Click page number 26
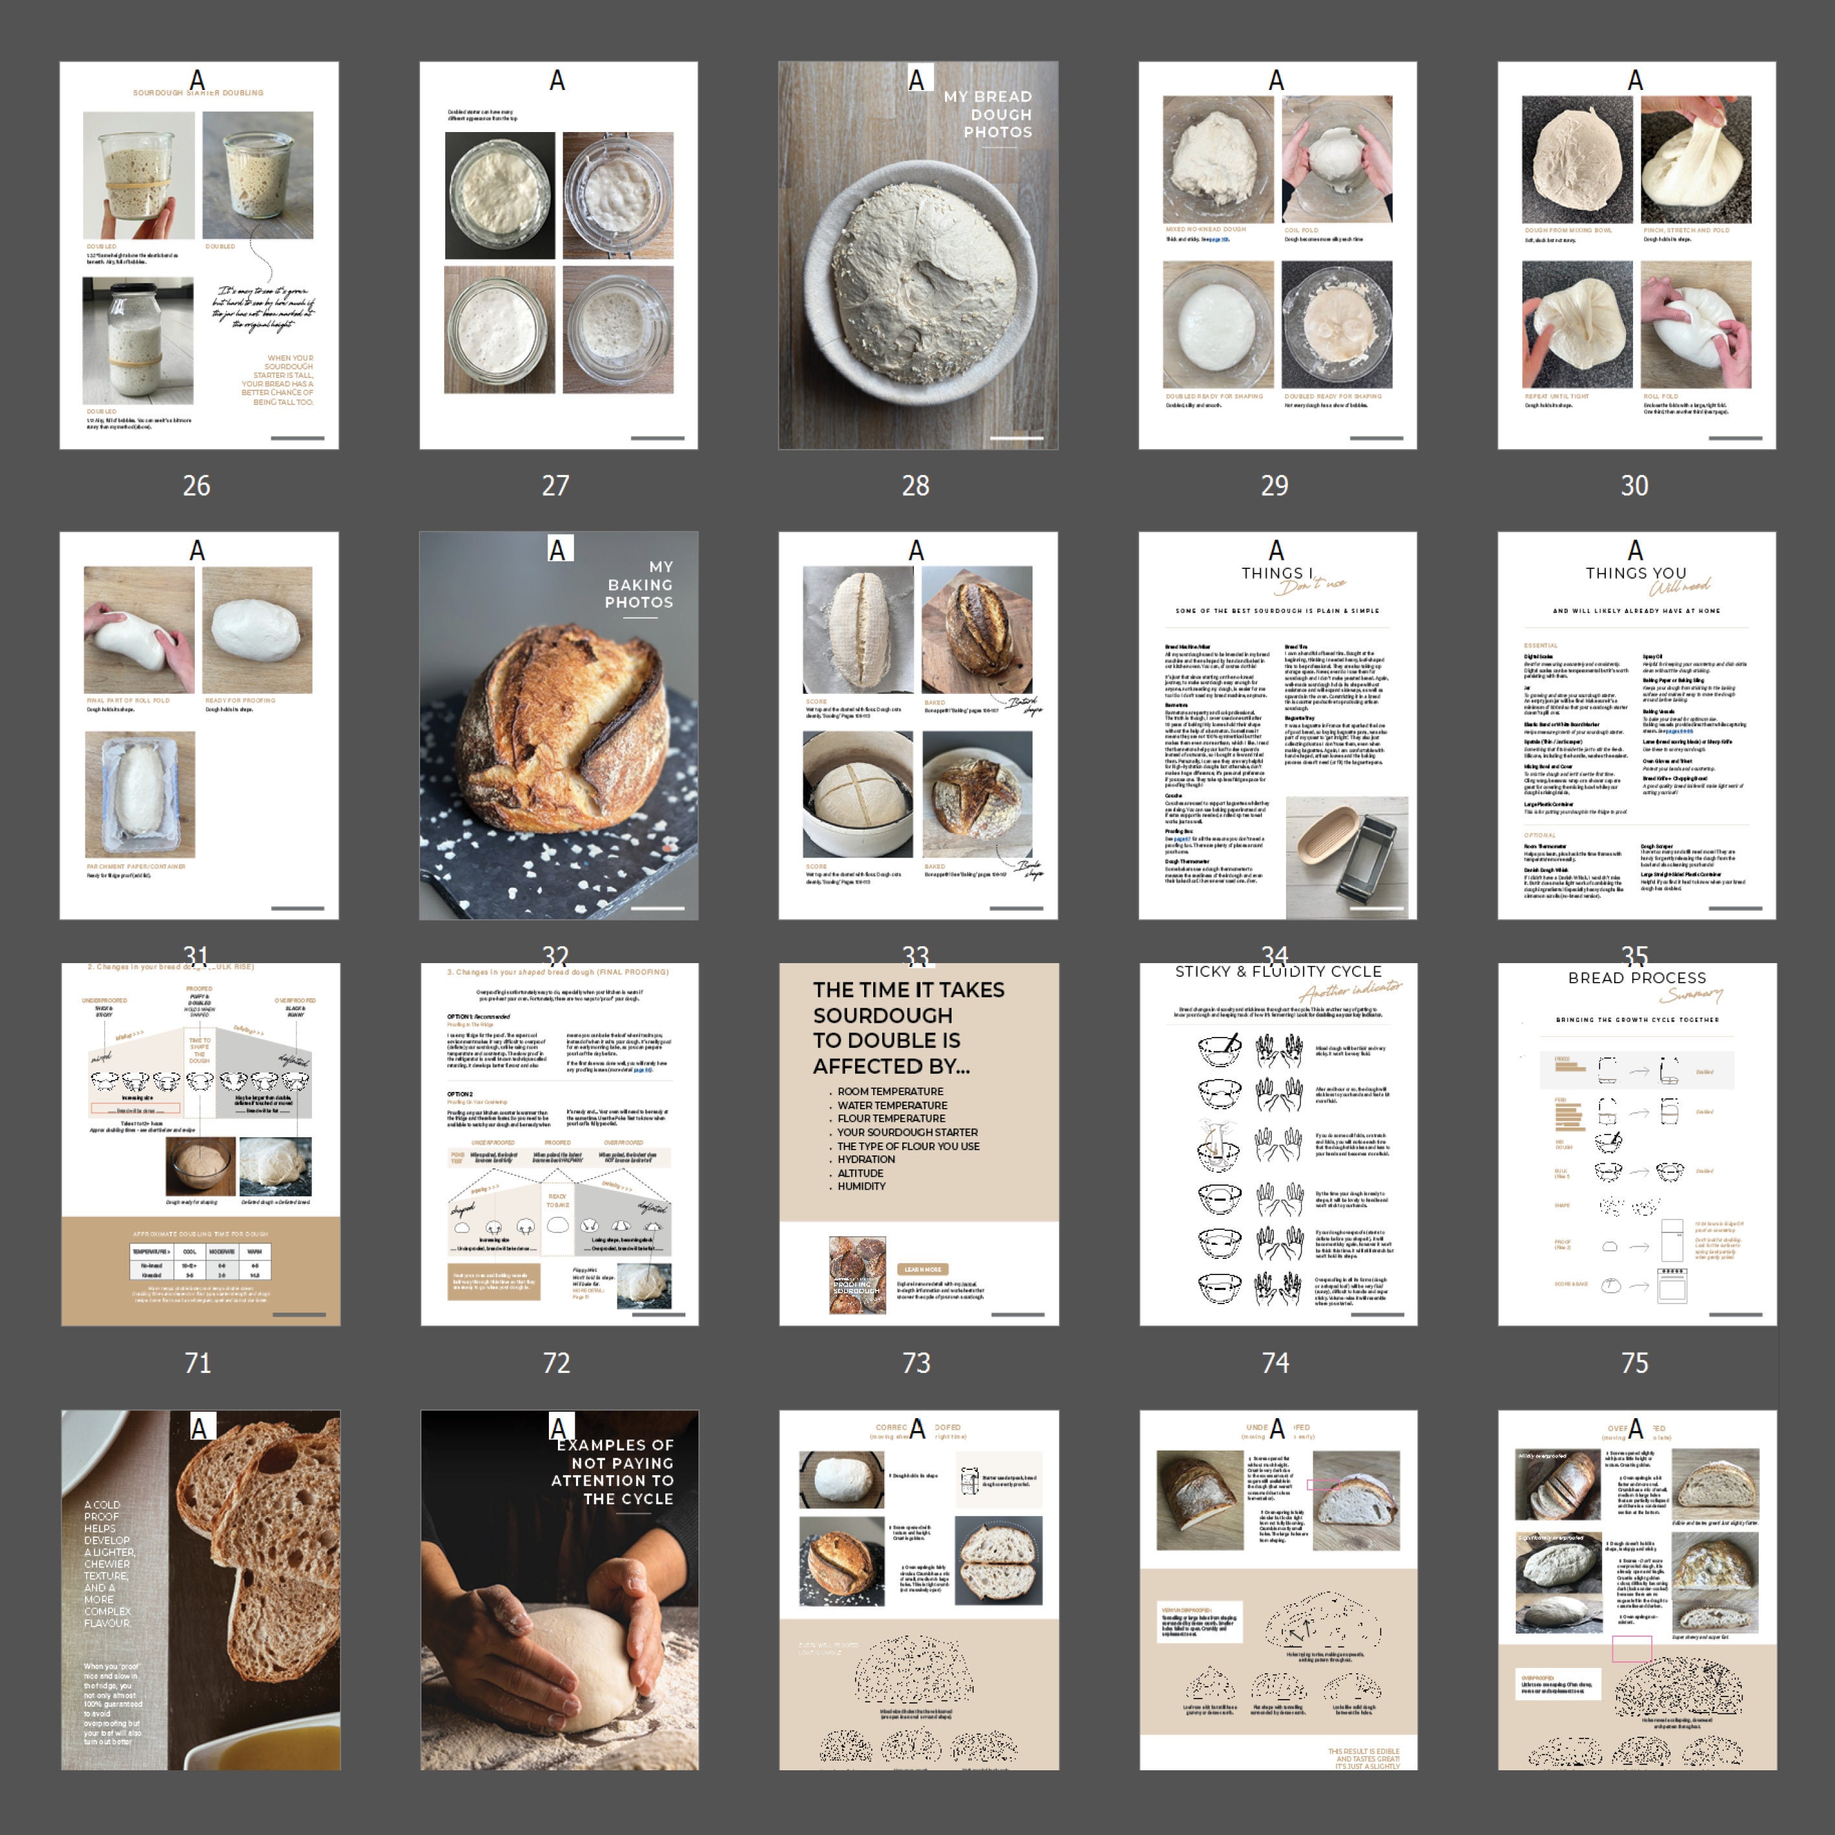(x=197, y=485)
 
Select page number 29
(x=1274, y=485)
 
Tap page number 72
(x=557, y=1363)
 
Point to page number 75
(x=1634, y=1363)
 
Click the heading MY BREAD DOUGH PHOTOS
(x=988, y=114)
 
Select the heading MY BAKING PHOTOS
(x=640, y=584)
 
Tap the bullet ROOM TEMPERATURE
(x=890, y=1091)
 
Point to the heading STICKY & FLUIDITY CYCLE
(x=1278, y=972)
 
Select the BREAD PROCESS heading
(x=1636, y=978)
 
